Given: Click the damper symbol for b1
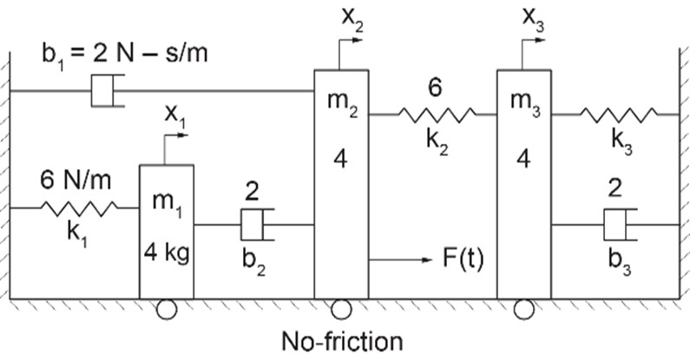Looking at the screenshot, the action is pyautogui.click(x=108, y=90).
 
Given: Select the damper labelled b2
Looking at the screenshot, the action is pyautogui.click(x=258, y=225).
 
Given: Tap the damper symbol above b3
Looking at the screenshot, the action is pyautogui.click(x=621, y=225).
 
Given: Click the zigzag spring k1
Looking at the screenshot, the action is pyautogui.click(x=79, y=208).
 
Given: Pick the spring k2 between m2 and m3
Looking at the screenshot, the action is pyautogui.click(x=437, y=115).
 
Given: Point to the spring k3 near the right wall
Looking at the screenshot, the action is pyautogui.click(x=619, y=115).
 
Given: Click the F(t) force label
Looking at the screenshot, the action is pyautogui.click(x=463, y=259).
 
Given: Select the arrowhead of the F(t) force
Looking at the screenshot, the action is pyautogui.click(x=428, y=259).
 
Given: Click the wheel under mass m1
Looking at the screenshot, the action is pyautogui.click(x=167, y=310).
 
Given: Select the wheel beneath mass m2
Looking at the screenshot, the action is pyautogui.click(x=341, y=310).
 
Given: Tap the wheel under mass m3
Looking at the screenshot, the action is pyautogui.click(x=523, y=310).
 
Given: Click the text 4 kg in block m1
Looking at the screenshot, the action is pyautogui.click(x=167, y=253).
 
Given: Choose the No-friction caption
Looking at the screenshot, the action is pyautogui.click(x=342, y=342).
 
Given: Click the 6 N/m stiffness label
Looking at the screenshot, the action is pyautogui.click(x=76, y=180).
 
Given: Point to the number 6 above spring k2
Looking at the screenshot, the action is pyautogui.click(x=435, y=88).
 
